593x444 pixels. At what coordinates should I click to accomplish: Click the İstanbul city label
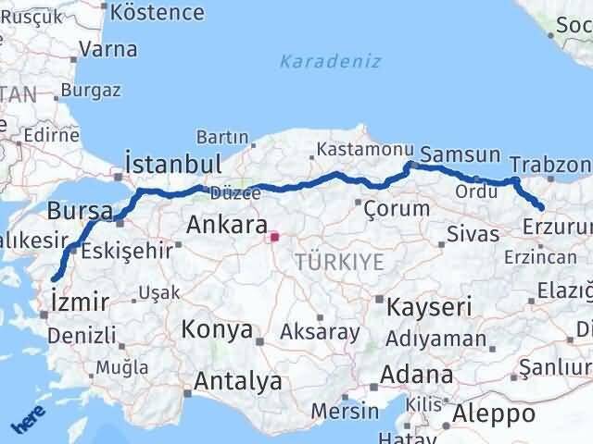click(174, 164)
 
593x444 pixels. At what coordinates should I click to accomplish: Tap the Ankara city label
click(227, 225)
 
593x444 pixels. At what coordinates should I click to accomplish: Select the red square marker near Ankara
click(274, 238)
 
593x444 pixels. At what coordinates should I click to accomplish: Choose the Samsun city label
click(461, 154)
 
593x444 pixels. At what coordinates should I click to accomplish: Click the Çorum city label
click(397, 207)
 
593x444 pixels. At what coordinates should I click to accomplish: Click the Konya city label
click(217, 329)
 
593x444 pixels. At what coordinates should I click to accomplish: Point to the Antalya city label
click(238, 381)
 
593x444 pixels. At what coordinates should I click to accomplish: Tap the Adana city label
click(422, 376)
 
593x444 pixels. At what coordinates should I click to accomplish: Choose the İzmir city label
click(82, 302)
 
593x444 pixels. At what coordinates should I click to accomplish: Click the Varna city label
click(108, 49)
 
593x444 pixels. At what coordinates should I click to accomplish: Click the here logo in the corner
click(27, 422)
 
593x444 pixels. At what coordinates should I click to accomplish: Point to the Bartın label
click(222, 136)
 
